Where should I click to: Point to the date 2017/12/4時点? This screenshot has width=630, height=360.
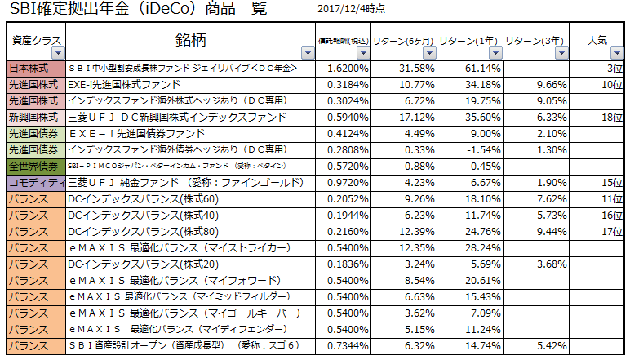[350, 11]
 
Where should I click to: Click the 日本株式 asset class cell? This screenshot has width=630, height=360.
[33, 69]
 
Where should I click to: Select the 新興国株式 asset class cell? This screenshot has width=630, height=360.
[33, 117]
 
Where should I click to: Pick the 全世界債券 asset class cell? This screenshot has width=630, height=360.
[33, 165]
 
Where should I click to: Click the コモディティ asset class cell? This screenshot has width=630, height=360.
[33, 181]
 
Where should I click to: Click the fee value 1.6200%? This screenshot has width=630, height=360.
[348, 69]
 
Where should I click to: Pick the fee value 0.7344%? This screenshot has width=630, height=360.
[348, 344]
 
